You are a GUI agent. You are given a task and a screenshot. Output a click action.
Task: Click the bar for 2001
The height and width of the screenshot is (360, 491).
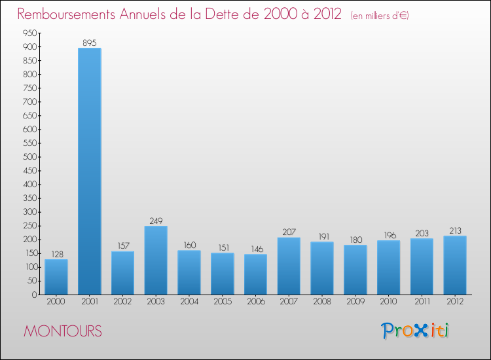(90, 171)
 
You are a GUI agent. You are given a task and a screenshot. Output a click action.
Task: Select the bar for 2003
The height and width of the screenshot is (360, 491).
(156, 260)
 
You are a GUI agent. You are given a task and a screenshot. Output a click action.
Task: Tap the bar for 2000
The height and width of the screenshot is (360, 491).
(56, 277)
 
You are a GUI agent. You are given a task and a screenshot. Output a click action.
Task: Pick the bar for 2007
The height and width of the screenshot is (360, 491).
(289, 266)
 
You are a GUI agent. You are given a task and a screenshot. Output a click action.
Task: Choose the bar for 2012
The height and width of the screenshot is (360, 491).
(455, 265)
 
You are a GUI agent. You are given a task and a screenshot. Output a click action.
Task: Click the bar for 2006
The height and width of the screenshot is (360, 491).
(255, 274)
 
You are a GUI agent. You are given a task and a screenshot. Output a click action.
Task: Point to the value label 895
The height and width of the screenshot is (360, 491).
(90, 43)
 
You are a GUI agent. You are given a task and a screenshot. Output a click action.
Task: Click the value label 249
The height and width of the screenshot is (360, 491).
(156, 221)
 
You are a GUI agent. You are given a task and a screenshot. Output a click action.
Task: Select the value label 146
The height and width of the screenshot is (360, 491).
(255, 249)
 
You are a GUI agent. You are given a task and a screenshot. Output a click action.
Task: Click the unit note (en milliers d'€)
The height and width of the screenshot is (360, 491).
(380, 16)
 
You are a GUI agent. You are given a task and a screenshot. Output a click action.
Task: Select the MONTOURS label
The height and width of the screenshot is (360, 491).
(63, 332)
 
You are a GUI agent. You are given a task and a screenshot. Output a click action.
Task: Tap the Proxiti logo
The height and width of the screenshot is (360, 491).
(416, 331)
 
